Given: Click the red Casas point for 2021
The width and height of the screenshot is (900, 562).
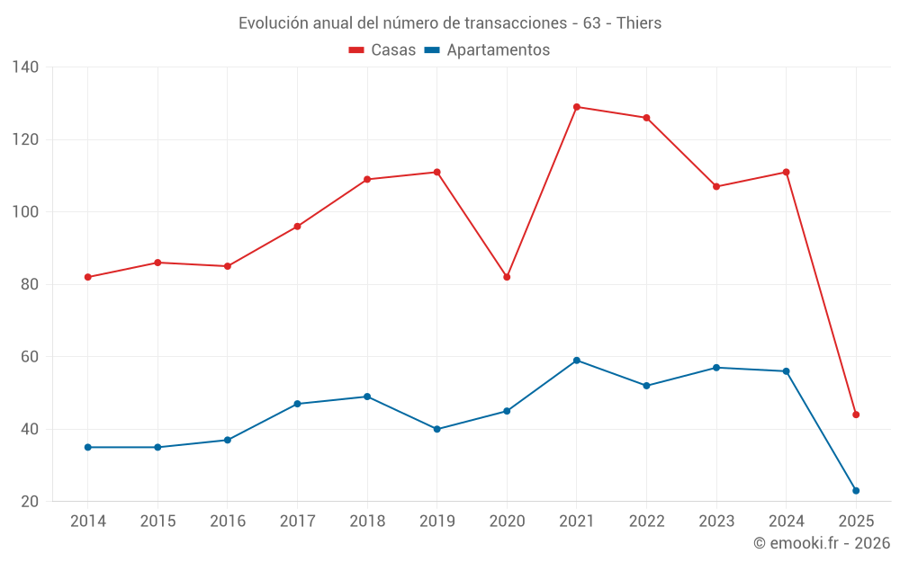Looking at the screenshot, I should tap(577, 107).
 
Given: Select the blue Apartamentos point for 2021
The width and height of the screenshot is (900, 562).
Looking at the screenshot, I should tap(577, 361).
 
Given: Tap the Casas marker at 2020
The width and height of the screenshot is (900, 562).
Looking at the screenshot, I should tap(507, 277).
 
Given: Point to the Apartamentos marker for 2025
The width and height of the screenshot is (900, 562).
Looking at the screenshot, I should tap(856, 491).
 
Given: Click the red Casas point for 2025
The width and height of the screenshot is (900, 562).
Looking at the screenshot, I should tap(856, 415).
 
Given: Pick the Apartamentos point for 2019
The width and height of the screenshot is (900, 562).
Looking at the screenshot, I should tap(437, 429).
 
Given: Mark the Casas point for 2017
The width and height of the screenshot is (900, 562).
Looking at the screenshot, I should tap(297, 227).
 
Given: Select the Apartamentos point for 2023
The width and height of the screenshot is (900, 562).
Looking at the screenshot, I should tap(716, 368).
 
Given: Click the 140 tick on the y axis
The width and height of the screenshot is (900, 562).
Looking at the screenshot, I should tap(25, 67).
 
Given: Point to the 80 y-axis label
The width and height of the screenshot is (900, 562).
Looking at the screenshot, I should tap(30, 284).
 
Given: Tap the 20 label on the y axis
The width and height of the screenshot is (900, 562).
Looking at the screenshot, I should tap(30, 501).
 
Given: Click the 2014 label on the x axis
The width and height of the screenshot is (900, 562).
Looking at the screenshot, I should tap(87, 522).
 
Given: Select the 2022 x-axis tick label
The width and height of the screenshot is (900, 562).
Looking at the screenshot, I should tap(646, 522).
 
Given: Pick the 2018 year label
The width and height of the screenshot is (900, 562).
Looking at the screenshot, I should tap(367, 522).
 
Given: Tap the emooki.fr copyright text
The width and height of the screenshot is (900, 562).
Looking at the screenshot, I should tap(822, 543).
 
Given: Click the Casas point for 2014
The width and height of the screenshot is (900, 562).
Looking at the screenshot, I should tap(88, 277).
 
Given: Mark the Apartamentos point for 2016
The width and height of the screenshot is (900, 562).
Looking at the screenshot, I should tap(228, 440).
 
